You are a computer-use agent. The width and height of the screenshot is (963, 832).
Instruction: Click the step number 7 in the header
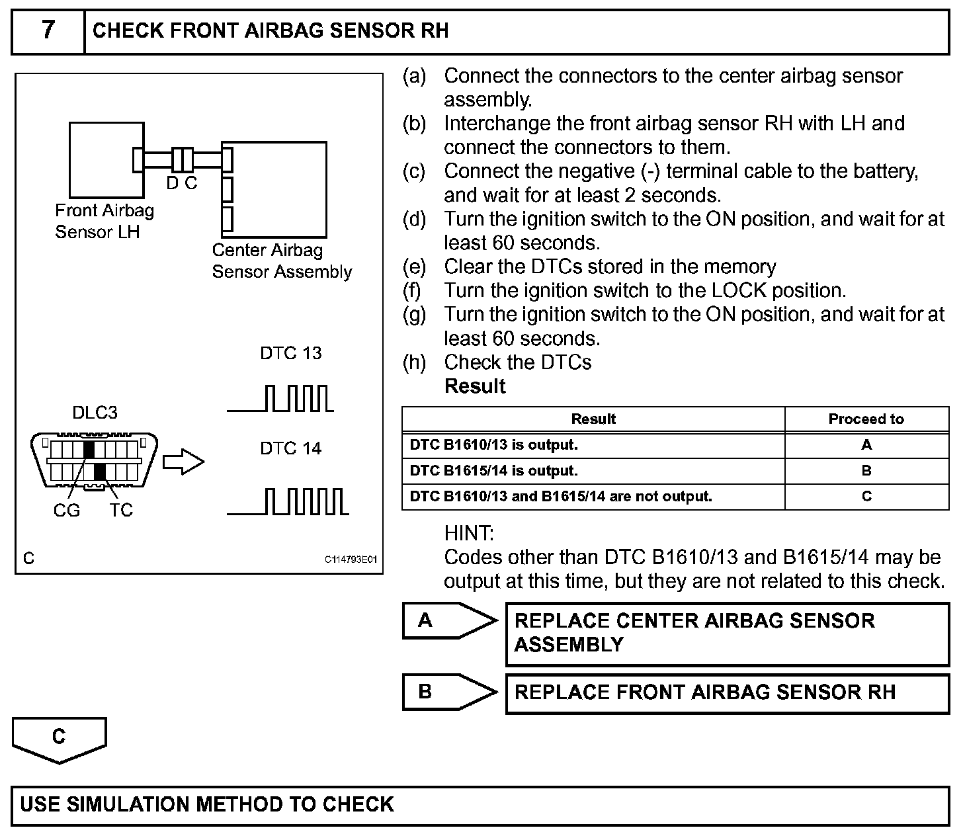[48, 30]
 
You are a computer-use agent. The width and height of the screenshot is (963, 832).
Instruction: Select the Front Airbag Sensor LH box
[106, 159]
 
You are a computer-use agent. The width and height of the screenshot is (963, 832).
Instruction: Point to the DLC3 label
[95, 413]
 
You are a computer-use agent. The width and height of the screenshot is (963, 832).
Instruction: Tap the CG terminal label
[66, 510]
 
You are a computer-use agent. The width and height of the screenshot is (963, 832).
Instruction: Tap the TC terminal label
[122, 510]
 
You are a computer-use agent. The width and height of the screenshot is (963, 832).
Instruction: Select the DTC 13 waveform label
[290, 353]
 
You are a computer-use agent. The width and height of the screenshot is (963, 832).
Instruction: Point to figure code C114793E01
[350, 560]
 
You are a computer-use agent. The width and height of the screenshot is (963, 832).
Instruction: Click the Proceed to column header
[866, 419]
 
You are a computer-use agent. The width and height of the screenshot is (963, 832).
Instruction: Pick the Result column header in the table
[593, 419]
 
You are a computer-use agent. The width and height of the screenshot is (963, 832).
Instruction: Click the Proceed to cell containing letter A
[866, 445]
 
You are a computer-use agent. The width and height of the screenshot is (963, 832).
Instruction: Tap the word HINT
[469, 533]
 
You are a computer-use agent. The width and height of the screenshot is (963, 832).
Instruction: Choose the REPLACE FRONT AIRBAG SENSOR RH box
[727, 692]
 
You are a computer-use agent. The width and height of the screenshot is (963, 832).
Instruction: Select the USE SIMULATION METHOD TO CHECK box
[480, 805]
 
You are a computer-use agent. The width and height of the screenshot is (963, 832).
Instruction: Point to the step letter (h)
[415, 362]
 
